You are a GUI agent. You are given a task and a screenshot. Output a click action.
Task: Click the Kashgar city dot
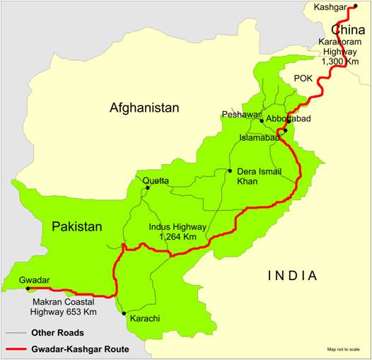tap(355, 6)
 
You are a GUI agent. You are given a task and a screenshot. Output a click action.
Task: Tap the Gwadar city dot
tap(28, 289)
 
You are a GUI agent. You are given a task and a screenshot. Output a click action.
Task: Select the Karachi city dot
tap(124, 313)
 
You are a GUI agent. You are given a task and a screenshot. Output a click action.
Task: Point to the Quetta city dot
tap(147, 188)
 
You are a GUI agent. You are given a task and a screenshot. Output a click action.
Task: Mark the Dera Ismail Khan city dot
tap(230, 170)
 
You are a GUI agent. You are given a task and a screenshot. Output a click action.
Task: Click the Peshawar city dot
tap(261, 121)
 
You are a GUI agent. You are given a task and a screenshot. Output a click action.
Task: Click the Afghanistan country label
tap(144, 108)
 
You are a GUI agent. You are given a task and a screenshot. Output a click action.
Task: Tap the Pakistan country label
tap(76, 227)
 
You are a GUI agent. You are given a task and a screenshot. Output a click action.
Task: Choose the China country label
tap(348, 30)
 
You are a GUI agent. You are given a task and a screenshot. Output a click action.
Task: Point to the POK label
tap(303, 77)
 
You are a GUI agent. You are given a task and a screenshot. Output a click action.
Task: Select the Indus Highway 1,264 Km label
tap(178, 232)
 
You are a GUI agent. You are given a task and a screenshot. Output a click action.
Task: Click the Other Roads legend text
tap(57, 332)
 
